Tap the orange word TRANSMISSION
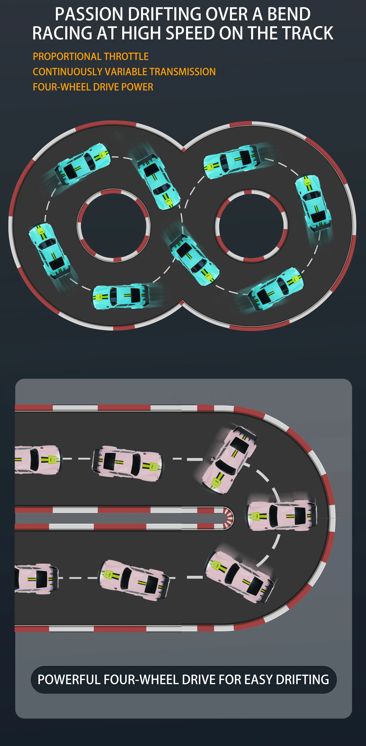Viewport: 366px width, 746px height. point(183,72)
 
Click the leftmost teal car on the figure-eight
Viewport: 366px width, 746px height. point(49,251)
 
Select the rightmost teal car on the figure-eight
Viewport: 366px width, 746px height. point(313,203)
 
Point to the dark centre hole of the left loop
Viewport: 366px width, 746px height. point(114,226)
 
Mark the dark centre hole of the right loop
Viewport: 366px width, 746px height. point(252,226)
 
